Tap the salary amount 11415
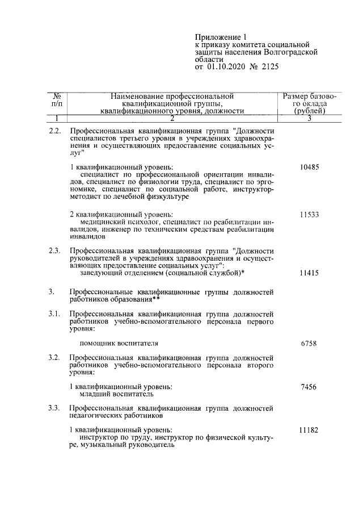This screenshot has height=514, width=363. (310, 273)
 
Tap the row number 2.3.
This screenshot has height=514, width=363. (55, 250)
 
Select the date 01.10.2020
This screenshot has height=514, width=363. (225, 67)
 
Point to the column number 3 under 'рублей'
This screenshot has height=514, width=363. (310, 118)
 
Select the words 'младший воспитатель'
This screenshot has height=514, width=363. (116, 394)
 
